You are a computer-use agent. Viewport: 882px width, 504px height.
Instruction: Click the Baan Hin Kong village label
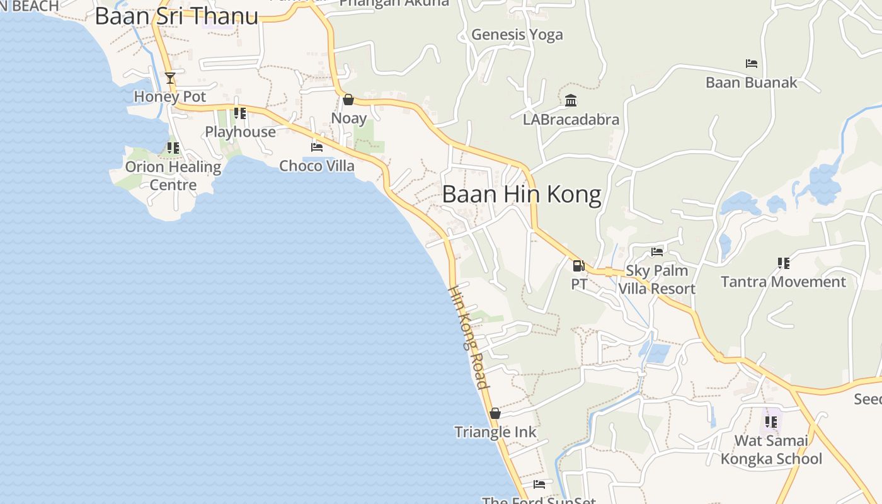coord(522,195)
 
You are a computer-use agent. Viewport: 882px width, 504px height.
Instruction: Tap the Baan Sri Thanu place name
coord(176,16)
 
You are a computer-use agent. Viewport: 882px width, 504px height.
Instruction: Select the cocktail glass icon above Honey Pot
coord(169,78)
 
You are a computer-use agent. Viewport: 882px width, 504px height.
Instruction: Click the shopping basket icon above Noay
coord(348,100)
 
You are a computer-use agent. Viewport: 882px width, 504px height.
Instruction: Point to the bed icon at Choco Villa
coord(317,147)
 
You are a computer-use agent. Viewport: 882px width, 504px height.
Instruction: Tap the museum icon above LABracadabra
coord(571,100)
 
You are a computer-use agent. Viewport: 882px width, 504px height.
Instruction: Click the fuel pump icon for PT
coord(578,265)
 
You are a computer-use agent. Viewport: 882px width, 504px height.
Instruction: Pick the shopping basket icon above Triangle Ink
coord(495,413)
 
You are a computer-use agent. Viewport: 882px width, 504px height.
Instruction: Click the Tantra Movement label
coord(783,282)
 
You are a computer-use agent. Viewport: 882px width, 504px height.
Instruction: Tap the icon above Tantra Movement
coord(783,263)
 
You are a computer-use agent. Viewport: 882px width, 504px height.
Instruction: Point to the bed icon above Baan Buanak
coord(751,64)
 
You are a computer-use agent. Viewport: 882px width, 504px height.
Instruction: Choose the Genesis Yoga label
coord(517,35)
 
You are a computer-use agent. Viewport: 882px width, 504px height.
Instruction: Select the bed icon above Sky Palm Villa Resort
coord(657,252)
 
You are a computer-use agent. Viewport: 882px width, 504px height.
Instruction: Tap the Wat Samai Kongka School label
coord(771,449)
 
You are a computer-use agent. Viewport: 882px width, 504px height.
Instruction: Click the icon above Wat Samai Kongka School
coord(770,421)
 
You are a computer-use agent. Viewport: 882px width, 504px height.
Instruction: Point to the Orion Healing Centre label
coord(173,176)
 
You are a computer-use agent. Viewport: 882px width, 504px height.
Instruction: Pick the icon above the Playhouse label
coord(239,113)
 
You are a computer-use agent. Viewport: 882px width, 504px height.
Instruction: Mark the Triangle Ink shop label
coord(495,432)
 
